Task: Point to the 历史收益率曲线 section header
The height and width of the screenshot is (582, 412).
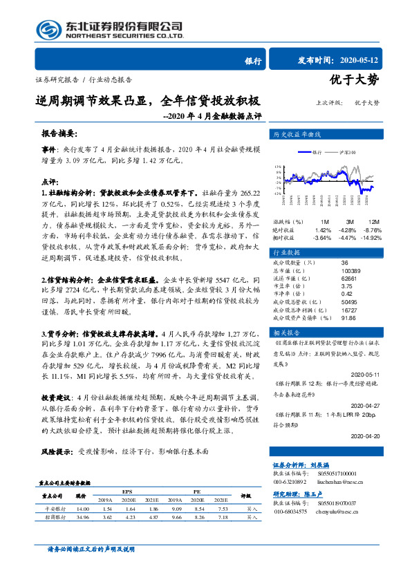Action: tap(294, 133)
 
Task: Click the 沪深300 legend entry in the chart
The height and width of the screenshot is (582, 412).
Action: tap(347, 151)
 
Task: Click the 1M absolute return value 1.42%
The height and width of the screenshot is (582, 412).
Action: tap(323, 229)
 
